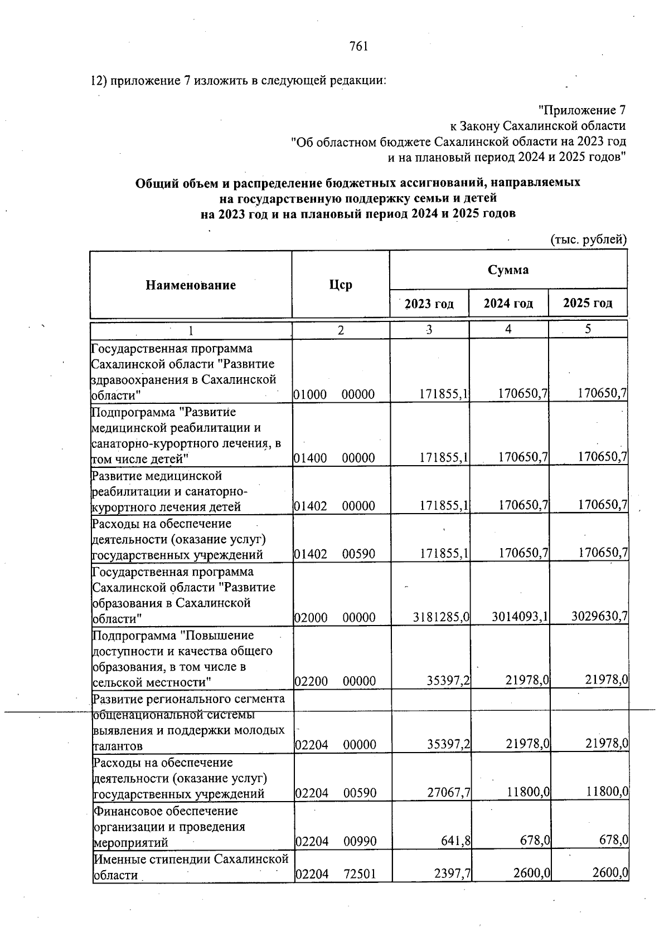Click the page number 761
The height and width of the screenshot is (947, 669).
[x=358, y=47]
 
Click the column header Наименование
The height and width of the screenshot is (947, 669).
[x=191, y=285]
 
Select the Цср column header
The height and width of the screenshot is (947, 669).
[x=340, y=285]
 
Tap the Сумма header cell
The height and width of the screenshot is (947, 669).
[x=508, y=270]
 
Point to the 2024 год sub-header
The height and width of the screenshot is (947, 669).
[x=508, y=304]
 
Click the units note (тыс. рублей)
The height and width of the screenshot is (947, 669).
[x=589, y=240]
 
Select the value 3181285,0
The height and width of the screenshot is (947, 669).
[x=442, y=617]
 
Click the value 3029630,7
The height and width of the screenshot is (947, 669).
[x=600, y=617]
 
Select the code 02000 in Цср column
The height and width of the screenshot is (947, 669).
[x=310, y=618]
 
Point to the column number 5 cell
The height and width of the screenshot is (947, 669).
[x=588, y=329]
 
